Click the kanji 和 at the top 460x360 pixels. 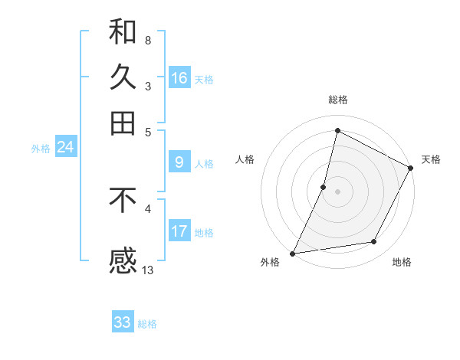tap(123, 31)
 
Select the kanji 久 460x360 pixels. tap(123, 77)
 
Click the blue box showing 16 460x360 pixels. tap(179, 78)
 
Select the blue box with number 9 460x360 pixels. tap(179, 162)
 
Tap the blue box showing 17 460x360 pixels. tap(179, 231)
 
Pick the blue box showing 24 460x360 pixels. tap(65, 148)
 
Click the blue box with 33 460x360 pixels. tap(123, 322)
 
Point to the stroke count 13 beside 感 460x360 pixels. tap(148, 270)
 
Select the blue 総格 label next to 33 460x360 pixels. tap(147, 324)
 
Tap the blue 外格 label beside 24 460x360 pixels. tap(41, 149)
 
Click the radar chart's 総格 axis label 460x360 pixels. tap(338, 100)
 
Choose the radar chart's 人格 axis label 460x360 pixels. tap(245, 159)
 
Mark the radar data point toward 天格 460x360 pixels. tap(410, 169)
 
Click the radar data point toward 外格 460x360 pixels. tap(293, 253)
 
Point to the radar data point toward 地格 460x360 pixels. tap(374, 242)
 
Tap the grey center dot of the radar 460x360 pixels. tap(337, 191)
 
